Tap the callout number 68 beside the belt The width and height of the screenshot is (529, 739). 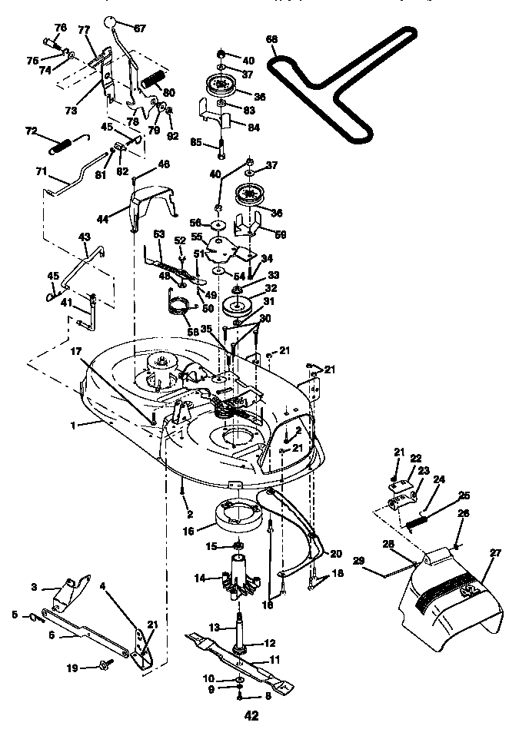(x=271, y=38)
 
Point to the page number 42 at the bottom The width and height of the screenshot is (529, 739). (x=251, y=716)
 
